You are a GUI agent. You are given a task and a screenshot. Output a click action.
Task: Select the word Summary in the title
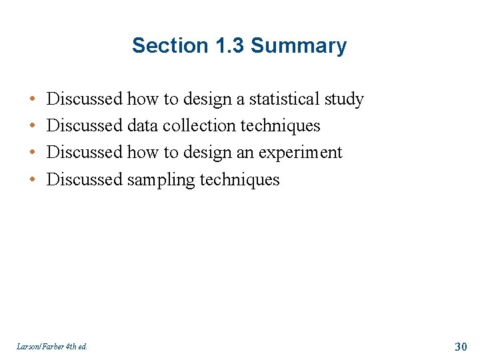click(x=299, y=46)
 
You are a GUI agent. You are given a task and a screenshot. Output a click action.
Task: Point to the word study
click(x=344, y=100)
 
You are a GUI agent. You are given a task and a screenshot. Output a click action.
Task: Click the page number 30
click(x=461, y=346)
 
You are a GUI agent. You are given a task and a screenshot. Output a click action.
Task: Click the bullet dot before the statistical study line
click(x=32, y=100)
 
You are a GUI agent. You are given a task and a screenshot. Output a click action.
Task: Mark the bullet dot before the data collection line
click(x=32, y=127)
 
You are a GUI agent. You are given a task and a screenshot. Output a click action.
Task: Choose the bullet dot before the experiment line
click(x=32, y=153)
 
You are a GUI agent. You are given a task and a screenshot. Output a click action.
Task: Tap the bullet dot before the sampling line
click(x=32, y=180)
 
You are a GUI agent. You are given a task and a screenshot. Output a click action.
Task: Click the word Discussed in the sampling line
click(x=85, y=179)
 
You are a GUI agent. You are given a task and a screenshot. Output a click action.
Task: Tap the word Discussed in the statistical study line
click(x=85, y=99)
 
